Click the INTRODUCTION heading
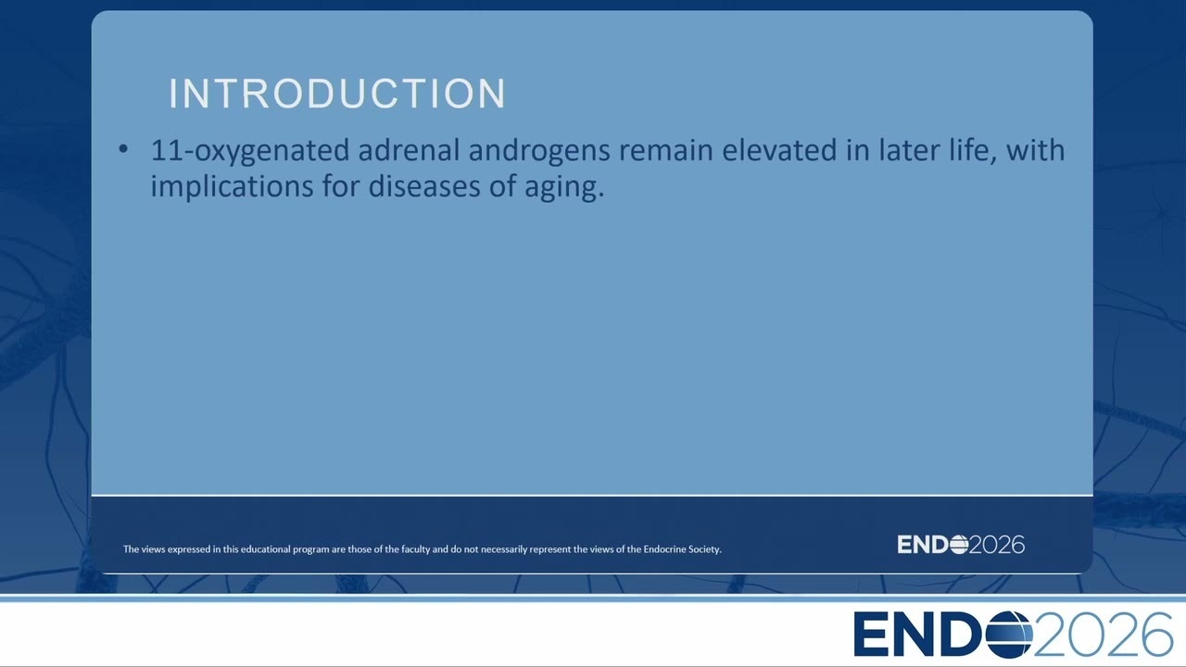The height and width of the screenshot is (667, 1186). pyautogui.click(x=337, y=94)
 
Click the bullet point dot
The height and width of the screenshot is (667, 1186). pyautogui.click(x=123, y=150)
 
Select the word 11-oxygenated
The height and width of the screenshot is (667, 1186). pyautogui.click(x=250, y=151)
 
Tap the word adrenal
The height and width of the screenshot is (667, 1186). pyautogui.click(x=409, y=150)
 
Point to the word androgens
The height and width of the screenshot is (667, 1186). pyautogui.click(x=539, y=151)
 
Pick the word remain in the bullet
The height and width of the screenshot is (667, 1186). pyautogui.click(x=666, y=150)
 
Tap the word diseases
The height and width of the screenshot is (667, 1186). pyautogui.click(x=424, y=186)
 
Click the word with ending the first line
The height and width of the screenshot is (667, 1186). pyautogui.click(x=1035, y=150)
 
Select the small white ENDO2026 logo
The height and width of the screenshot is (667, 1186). pyautogui.click(x=961, y=545)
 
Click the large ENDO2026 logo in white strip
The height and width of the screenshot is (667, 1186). pyautogui.click(x=1013, y=634)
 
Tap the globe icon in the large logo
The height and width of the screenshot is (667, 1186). pyautogui.click(x=1009, y=635)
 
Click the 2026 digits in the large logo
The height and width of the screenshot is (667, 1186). pyautogui.click(x=1103, y=635)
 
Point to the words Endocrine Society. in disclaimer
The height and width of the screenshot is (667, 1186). pyautogui.click(x=683, y=549)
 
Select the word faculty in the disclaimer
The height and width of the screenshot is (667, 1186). pyautogui.click(x=416, y=549)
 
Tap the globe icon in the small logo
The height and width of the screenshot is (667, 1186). pyautogui.click(x=959, y=545)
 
